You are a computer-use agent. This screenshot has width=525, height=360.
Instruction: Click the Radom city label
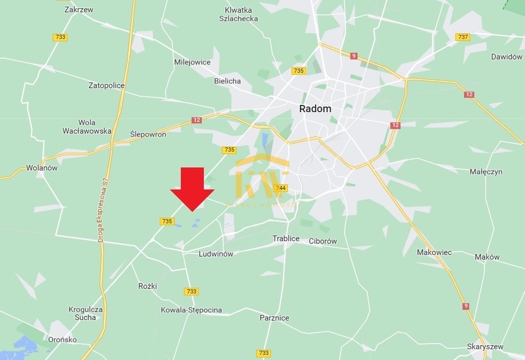315,109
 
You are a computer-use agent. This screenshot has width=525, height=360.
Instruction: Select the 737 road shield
463,37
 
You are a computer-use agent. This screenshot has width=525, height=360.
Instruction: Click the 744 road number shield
280,188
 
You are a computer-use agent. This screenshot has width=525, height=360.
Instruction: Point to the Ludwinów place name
216,254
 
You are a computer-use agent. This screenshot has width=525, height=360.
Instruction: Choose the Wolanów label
42,168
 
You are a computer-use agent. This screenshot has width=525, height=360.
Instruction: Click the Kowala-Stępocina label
191,310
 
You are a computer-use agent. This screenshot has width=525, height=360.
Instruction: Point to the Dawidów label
507,57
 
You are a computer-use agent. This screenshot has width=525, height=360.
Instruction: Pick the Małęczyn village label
486,172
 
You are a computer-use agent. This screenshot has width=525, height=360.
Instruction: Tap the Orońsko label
63,339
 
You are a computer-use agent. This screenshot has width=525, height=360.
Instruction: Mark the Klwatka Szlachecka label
238,14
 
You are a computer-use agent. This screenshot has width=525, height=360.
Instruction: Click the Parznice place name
274,318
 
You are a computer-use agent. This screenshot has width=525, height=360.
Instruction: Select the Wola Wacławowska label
87,127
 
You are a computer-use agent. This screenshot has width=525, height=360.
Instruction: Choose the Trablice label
286,238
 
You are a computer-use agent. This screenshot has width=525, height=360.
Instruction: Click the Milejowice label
192,62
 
